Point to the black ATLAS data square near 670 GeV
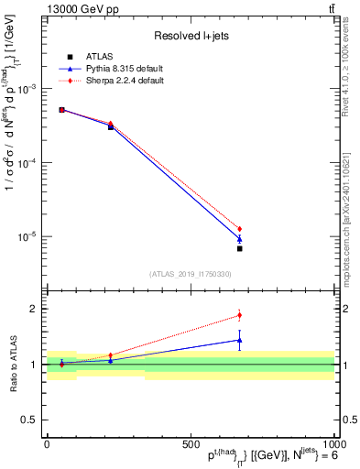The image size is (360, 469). coord(239,248)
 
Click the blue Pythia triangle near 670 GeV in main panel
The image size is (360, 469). coord(239,239)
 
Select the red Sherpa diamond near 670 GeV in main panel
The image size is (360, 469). coord(239,229)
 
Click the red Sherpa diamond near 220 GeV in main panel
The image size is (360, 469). coord(111,124)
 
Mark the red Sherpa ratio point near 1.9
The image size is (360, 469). coord(239,315)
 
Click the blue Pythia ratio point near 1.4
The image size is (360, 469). coord(239,340)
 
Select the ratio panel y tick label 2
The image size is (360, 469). coord(32,309)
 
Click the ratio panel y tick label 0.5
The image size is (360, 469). coord(28,420)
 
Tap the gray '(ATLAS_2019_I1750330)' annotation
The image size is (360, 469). coord(190,273)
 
